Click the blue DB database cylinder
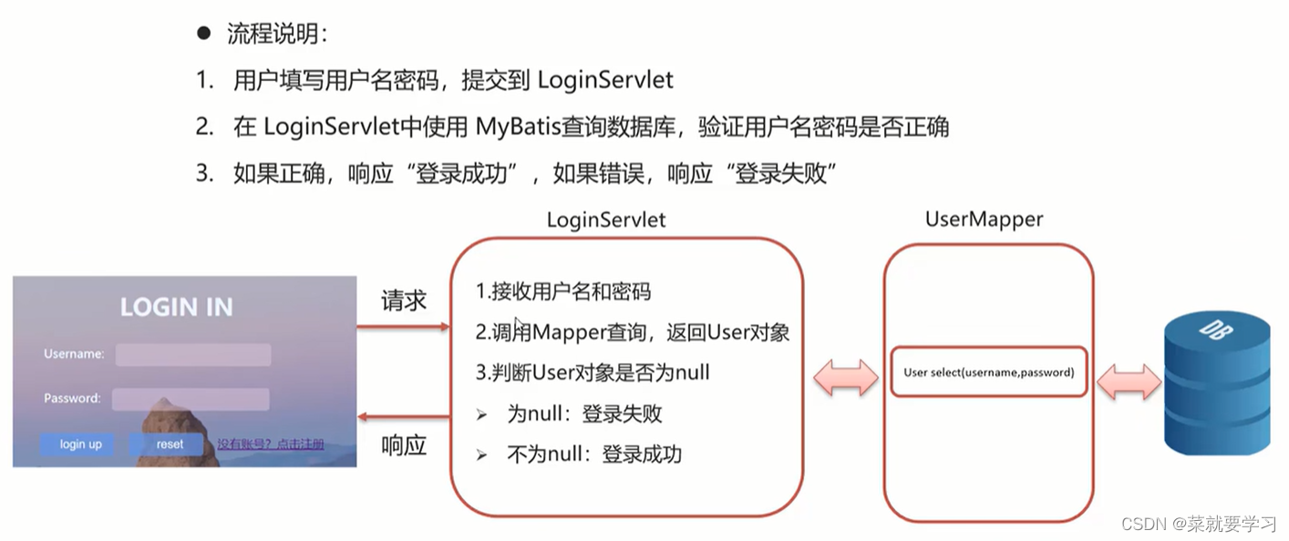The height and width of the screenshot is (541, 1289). click(1217, 383)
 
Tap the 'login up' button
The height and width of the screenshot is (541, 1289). click(80, 444)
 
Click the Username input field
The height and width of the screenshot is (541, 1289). click(193, 354)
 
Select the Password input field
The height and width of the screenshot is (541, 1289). click(191, 399)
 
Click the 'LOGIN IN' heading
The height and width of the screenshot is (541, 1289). click(177, 308)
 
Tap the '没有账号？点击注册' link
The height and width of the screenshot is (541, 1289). click(270, 444)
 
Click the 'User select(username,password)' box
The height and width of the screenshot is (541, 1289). click(989, 372)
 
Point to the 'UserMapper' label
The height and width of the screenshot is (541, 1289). click(984, 219)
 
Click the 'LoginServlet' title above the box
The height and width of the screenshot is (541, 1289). click(606, 219)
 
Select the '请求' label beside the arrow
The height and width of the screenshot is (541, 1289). click(404, 301)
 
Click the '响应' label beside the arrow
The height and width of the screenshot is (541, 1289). click(404, 446)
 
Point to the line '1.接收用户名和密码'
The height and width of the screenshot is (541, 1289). click(563, 291)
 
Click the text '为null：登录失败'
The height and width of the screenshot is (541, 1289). click(584, 413)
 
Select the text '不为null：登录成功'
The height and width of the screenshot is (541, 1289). click(593, 454)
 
